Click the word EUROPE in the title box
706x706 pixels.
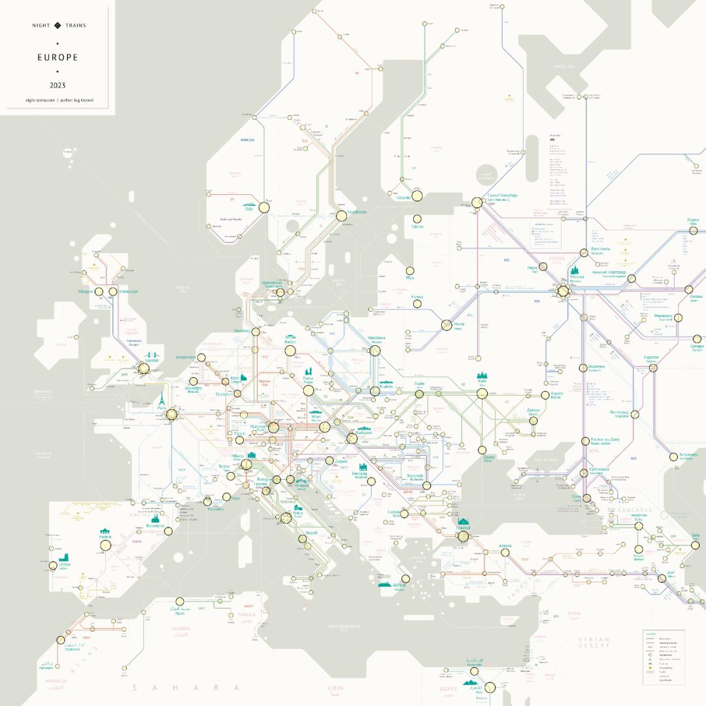tap(58, 58)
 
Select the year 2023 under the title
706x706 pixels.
tap(58, 85)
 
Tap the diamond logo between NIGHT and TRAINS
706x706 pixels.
tap(58, 25)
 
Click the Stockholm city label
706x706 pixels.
tap(357, 212)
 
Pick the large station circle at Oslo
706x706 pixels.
tap(264, 207)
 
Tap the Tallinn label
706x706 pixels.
tap(417, 227)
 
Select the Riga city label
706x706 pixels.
tap(410, 277)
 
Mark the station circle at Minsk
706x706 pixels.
tap(447, 325)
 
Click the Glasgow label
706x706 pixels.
tap(86, 292)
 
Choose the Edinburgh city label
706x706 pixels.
tap(128, 292)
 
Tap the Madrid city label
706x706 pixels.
tap(105, 537)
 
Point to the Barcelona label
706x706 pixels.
tap(155, 525)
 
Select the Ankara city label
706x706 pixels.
tap(505, 546)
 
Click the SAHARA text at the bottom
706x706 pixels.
tap(186, 688)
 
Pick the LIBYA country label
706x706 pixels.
tap(335, 688)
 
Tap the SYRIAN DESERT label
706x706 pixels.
tap(594, 643)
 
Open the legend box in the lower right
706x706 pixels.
tap(663, 657)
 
